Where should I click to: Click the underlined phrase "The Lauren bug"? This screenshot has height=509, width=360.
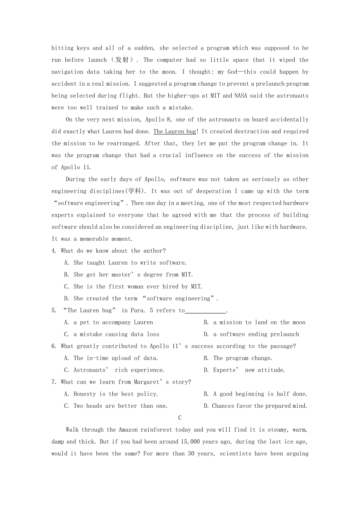tap(175, 132)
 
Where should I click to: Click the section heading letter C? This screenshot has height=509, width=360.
tap(180, 418)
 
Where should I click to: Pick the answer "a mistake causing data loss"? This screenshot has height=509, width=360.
tap(116, 335)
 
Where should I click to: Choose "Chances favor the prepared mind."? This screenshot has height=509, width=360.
tap(259, 406)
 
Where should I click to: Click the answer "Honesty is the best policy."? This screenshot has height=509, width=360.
tap(115, 394)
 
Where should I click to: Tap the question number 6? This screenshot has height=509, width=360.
tap(54, 346)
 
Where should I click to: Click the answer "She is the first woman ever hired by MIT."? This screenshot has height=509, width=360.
tap(138, 287)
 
